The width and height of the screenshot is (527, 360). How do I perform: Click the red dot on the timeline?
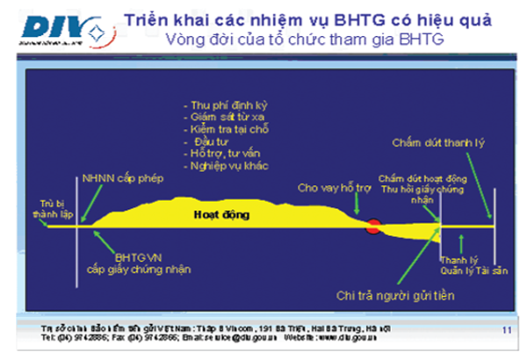(x=373, y=227)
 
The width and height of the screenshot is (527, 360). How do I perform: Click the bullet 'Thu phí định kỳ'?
(x=226, y=104)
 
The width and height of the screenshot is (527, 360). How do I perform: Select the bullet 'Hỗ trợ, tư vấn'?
(x=221, y=153)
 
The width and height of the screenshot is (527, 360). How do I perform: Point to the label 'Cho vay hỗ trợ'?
(x=334, y=187)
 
